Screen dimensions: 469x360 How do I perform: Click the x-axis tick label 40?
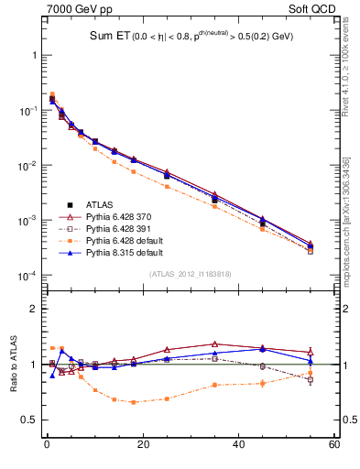tap(238, 445)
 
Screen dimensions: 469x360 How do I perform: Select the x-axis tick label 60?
tap(333, 445)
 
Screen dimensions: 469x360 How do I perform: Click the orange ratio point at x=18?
tap(133, 402)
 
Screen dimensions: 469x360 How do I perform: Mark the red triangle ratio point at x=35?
tap(214, 344)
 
